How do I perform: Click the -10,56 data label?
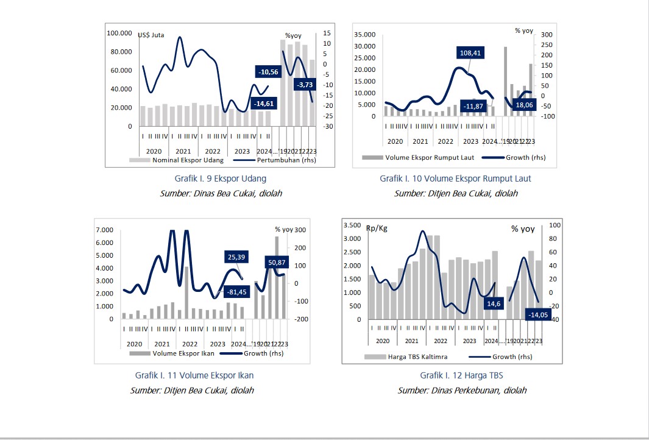point(269,72)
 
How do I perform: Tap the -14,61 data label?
point(264,104)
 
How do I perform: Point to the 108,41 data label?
point(470,53)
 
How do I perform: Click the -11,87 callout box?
point(474,107)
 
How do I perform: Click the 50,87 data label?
point(277,263)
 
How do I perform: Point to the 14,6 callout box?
point(493,303)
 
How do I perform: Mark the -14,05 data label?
point(537,315)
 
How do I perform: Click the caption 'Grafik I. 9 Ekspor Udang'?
point(220,179)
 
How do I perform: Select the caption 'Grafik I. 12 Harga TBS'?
point(461,375)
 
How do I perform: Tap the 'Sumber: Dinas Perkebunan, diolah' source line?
point(462,390)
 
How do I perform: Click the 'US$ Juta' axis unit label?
point(151,35)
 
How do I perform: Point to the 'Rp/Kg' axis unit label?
point(377,229)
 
